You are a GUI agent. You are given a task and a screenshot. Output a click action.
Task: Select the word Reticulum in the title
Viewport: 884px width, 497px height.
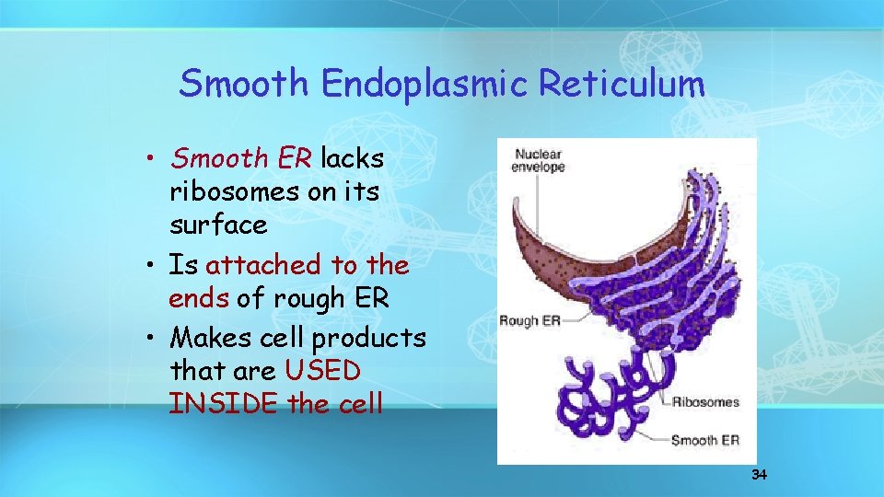click(622, 84)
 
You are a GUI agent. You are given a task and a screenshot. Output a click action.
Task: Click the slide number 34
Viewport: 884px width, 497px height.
click(759, 475)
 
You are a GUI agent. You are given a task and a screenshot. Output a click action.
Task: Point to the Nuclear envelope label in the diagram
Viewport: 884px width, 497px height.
click(540, 161)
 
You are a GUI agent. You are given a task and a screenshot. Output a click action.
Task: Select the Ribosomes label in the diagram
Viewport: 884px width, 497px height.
click(705, 401)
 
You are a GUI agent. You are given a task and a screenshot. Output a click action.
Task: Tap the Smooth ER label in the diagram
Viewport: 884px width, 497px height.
click(704, 440)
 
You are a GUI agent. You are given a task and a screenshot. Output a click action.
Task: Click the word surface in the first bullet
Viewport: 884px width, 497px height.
click(218, 225)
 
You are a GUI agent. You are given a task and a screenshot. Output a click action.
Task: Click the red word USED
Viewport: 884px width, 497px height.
click(323, 371)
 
